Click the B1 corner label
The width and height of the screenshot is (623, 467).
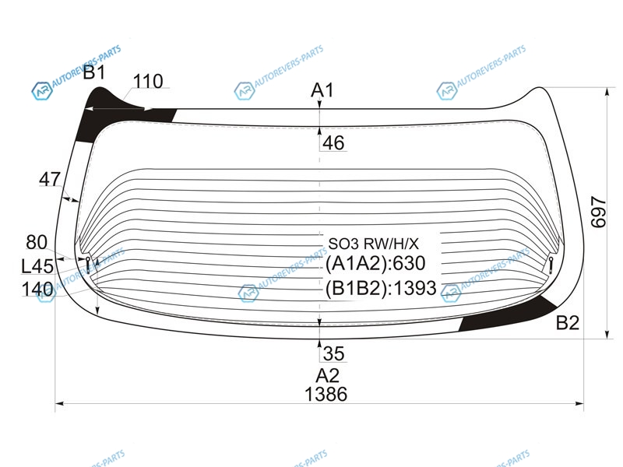click(94, 72)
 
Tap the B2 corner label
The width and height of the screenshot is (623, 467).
click(568, 322)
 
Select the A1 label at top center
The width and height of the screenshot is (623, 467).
click(322, 90)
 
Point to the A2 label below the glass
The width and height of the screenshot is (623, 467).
click(327, 375)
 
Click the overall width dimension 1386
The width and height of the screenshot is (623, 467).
click(326, 395)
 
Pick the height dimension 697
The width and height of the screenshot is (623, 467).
click(598, 212)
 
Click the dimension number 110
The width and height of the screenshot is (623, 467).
click(148, 82)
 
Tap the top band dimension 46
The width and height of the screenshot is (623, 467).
click(333, 143)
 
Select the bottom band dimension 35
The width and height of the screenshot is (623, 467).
click(333, 353)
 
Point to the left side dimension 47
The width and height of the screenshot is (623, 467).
click(50, 179)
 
